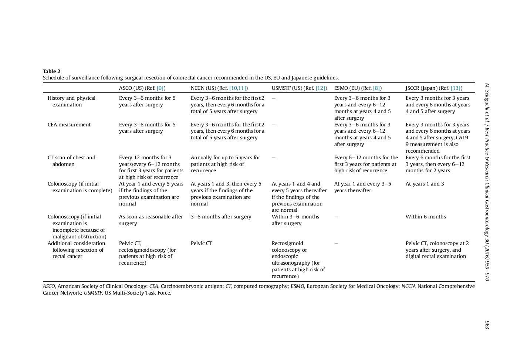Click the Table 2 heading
(51, 71)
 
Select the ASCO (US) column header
(142, 88)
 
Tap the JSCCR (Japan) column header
(433, 88)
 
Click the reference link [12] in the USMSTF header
(321, 88)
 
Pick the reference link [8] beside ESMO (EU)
(376, 88)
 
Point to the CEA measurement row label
(69, 125)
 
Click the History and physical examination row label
(71, 101)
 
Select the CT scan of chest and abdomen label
(71, 161)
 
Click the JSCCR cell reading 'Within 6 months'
(426, 217)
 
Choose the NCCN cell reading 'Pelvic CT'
(201, 243)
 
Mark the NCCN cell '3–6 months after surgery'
(221, 217)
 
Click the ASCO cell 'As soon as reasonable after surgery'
(151, 220)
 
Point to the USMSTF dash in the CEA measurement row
(274, 125)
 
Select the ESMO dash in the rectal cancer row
(336, 243)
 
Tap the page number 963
(487, 325)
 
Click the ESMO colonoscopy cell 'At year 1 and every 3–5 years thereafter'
(362, 187)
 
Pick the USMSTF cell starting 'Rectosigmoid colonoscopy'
(298, 259)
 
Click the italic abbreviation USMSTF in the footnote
(93, 293)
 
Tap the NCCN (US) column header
(219, 88)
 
